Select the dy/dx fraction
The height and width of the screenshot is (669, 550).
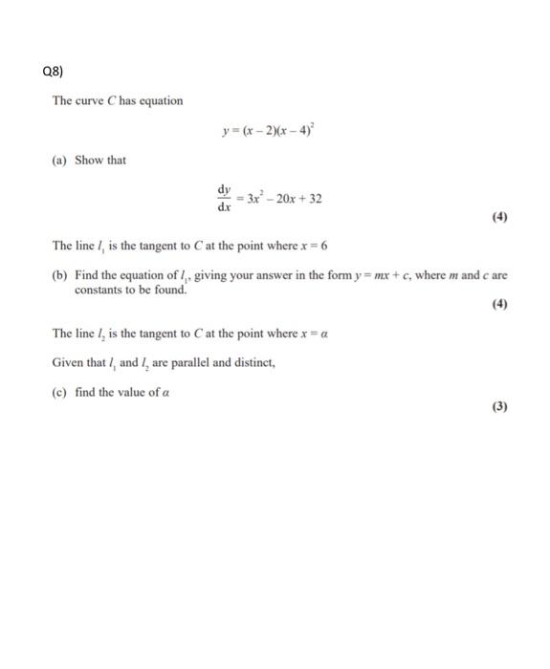click(x=226, y=199)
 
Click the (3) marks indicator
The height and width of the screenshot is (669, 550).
click(x=498, y=406)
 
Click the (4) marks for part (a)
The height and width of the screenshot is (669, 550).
click(x=498, y=217)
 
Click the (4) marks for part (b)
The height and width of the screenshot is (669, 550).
click(x=498, y=305)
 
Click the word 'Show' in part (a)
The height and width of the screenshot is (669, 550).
click(x=88, y=160)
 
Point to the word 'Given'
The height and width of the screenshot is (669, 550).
click(x=69, y=362)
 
